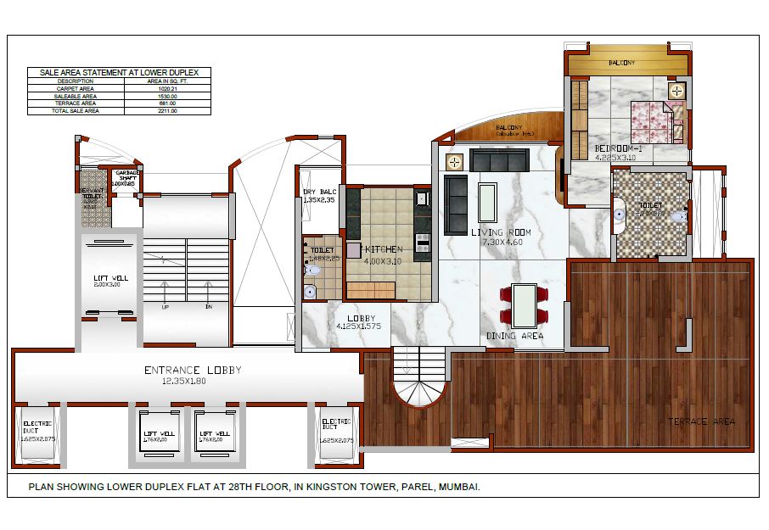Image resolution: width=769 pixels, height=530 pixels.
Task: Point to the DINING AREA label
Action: point(514,337)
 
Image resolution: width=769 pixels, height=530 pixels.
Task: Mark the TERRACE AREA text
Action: point(701,421)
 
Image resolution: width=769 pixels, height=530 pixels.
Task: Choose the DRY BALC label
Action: point(320,192)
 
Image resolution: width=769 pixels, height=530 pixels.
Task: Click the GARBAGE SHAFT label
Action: point(127,176)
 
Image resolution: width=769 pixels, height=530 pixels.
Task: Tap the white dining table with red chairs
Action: point(525,304)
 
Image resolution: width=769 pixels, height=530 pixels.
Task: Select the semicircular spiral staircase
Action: point(419,386)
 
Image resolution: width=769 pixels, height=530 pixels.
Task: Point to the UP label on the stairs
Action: point(164,307)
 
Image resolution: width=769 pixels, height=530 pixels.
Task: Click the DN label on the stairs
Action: point(208,307)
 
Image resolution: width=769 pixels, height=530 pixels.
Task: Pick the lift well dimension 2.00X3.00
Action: point(111,285)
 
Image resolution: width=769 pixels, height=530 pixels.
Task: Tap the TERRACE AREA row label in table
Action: point(75,103)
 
